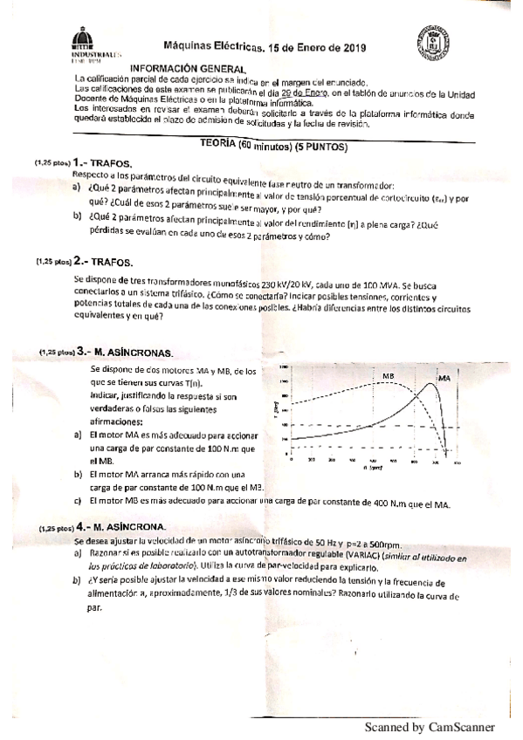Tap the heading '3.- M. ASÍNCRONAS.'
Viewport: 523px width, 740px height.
(x=124, y=353)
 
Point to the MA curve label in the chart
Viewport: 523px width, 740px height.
(x=444, y=378)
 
